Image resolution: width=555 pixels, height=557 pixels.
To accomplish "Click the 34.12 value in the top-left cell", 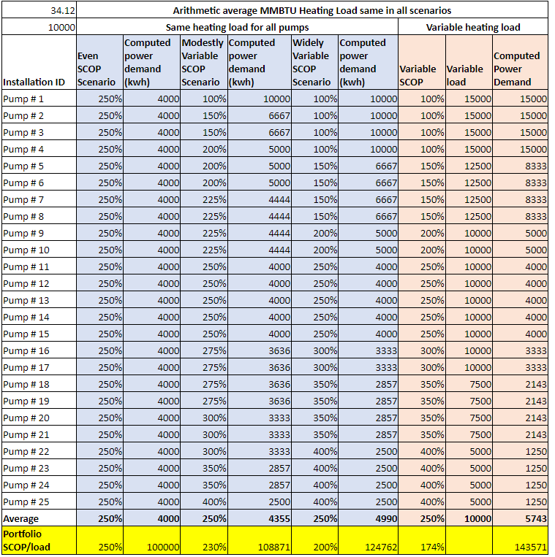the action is tap(63, 11).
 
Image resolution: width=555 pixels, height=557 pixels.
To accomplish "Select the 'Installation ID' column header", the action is tap(34, 82).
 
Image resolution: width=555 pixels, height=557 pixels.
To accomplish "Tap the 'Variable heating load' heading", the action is tap(473, 27).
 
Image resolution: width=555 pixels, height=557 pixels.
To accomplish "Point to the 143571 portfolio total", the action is tap(530, 547).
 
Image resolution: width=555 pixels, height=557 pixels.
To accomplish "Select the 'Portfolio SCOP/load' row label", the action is tap(26, 540).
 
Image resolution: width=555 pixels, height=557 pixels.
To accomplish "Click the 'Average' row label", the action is tap(20, 518).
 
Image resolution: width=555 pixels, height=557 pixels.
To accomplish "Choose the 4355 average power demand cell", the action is tap(279, 518).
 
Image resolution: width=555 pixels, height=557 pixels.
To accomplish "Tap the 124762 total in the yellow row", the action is tap(381, 547).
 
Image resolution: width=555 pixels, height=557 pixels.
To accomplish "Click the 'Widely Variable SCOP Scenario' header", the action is tap(312, 63).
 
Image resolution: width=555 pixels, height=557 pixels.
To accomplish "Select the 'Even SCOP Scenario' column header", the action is tap(97, 69).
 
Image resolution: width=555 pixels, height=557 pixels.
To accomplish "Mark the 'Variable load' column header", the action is tap(464, 75).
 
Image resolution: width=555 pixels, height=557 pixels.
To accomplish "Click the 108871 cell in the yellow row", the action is tap(274, 547).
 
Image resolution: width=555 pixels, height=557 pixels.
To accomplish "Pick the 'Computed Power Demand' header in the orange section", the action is tap(516, 69).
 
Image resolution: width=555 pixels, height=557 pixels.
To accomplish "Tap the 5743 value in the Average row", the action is tap(536, 518).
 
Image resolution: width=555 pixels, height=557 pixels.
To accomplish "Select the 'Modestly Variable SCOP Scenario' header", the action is tap(203, 63).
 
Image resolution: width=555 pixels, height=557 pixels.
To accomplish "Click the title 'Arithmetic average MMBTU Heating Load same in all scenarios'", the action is tap(312, 11).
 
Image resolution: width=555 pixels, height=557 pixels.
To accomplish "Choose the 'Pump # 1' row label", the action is tap(23, 99).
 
